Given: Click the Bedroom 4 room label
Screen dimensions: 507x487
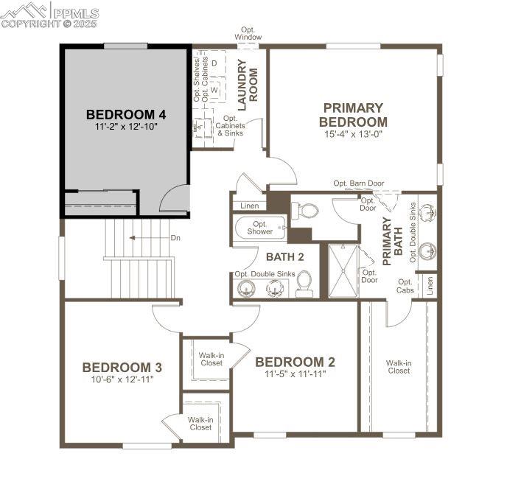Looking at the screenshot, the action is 126,115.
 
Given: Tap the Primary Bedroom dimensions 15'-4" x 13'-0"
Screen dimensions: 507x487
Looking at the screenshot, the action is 354,134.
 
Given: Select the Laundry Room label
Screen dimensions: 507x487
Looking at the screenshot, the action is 248,85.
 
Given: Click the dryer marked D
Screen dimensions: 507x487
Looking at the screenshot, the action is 214,63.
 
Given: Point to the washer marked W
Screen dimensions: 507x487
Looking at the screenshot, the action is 214,90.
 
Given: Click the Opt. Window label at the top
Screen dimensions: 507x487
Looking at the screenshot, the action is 248,34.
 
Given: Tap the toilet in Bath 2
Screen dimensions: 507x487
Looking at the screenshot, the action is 304,284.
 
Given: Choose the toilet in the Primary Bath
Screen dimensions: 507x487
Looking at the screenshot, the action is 304,211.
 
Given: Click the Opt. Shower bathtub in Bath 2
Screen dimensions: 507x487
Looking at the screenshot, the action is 259,228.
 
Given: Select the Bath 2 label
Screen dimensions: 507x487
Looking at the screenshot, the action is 285,257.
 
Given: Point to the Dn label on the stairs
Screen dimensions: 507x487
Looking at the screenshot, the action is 175,238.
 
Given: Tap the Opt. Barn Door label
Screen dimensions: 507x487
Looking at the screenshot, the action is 359,183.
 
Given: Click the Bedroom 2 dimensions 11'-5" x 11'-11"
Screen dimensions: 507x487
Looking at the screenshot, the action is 296,374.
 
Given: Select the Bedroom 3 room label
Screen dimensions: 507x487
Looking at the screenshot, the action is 122,368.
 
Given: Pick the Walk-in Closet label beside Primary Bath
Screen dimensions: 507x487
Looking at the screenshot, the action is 399,367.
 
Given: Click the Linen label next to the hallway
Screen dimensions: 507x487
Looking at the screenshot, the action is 250,206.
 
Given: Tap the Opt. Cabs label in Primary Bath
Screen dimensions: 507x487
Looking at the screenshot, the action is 405,286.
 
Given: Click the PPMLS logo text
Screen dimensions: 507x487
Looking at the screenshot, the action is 76,13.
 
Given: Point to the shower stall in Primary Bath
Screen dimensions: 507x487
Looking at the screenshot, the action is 343,271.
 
